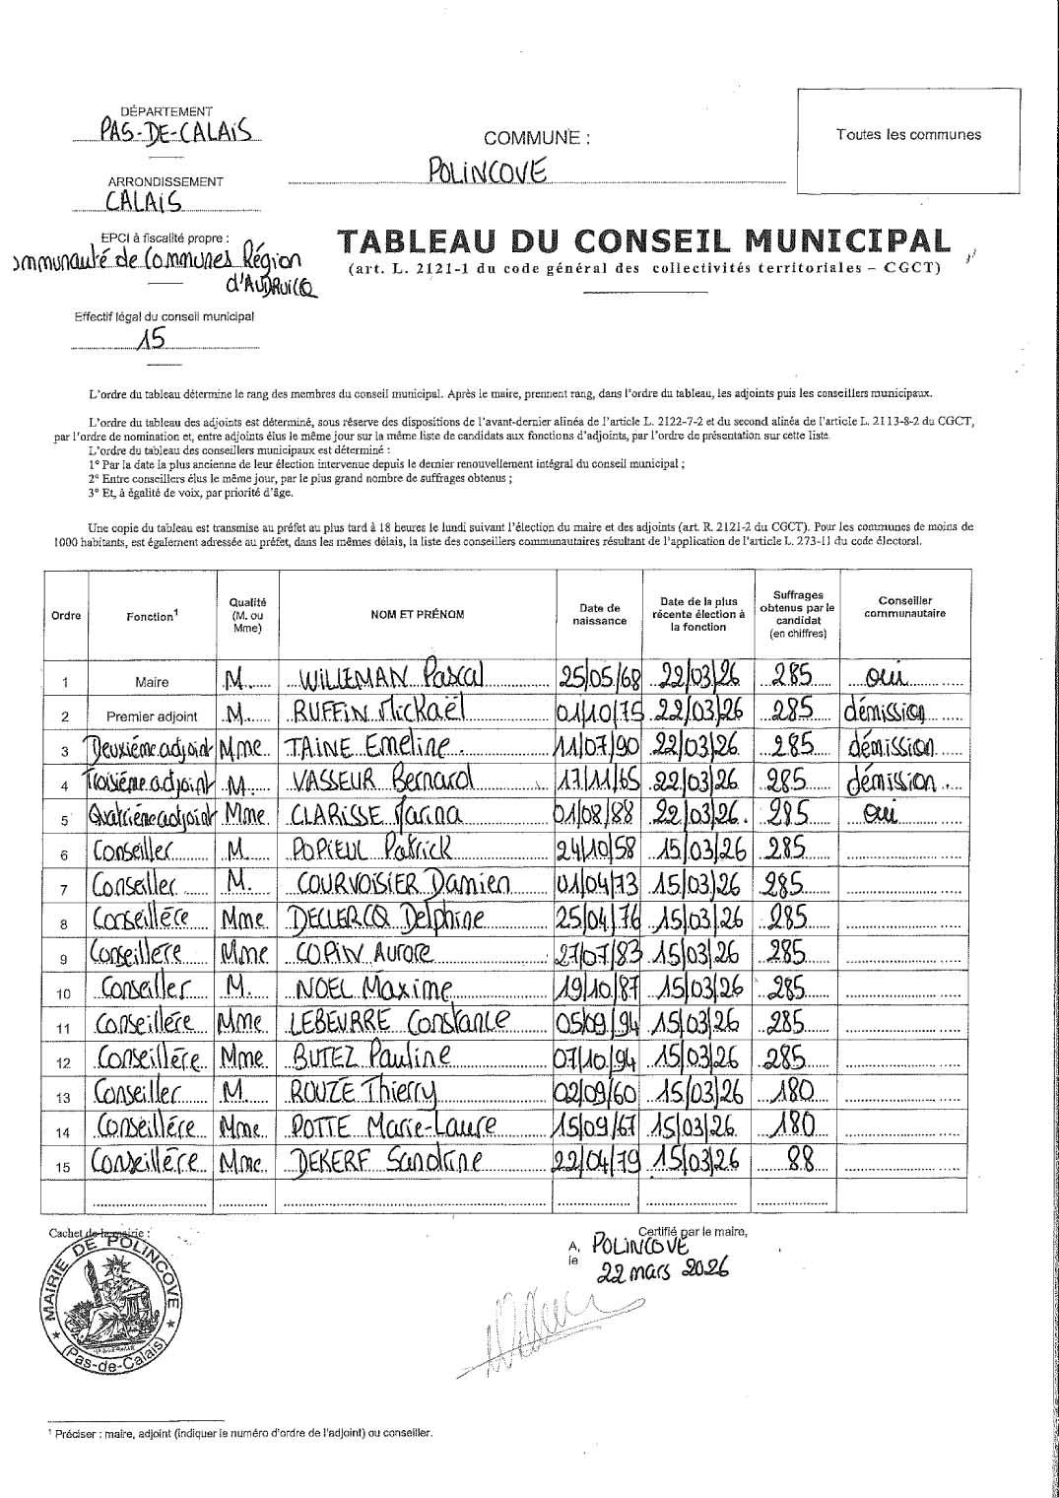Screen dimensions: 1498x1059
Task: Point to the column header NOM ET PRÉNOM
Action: [417, 615]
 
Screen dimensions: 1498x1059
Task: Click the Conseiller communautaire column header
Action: [904, 606]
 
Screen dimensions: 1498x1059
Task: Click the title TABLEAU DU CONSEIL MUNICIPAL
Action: [644, 241]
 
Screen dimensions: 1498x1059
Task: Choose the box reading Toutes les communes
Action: [908, 135]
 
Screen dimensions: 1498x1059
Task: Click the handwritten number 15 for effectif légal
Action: [152, 340]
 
